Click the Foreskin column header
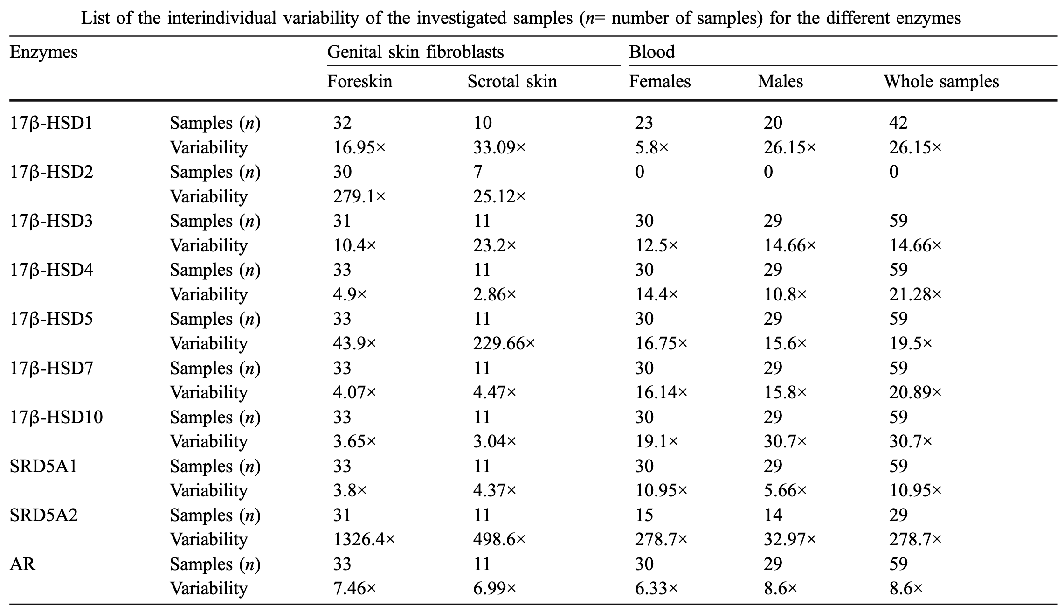point(359,82)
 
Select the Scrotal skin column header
point(512,82)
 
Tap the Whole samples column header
point(941,82)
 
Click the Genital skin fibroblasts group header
point(415,52)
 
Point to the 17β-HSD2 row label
point(51,172)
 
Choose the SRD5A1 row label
point(43,466)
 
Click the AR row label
point(22,564)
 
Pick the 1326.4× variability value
point(364,540)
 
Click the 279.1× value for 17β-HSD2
point(359,196)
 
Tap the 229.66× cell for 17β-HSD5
point(504,344)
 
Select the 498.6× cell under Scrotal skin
point(499,540)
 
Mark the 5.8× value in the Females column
point(651,147)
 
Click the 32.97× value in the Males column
point(789,540)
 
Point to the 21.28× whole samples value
point(915,294)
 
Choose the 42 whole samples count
point(898,123)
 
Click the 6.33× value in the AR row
point(656,589)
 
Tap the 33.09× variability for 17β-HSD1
point(499,147)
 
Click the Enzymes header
point(43,52)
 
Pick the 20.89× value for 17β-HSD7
point(915,393)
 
